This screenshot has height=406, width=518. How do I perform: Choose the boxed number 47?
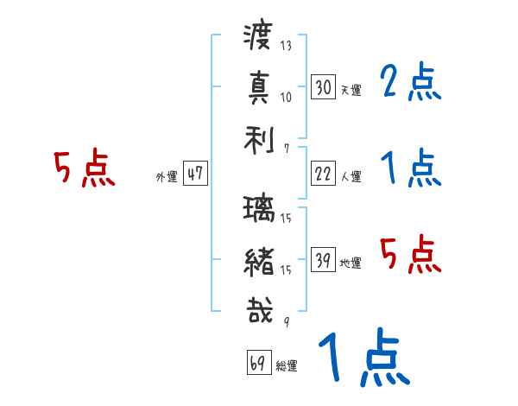pos(195,174)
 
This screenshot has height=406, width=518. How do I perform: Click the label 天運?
pos(351,90)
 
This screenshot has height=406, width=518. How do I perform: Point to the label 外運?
pos(167,176)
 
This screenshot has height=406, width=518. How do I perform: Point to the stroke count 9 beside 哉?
pos(286,323)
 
